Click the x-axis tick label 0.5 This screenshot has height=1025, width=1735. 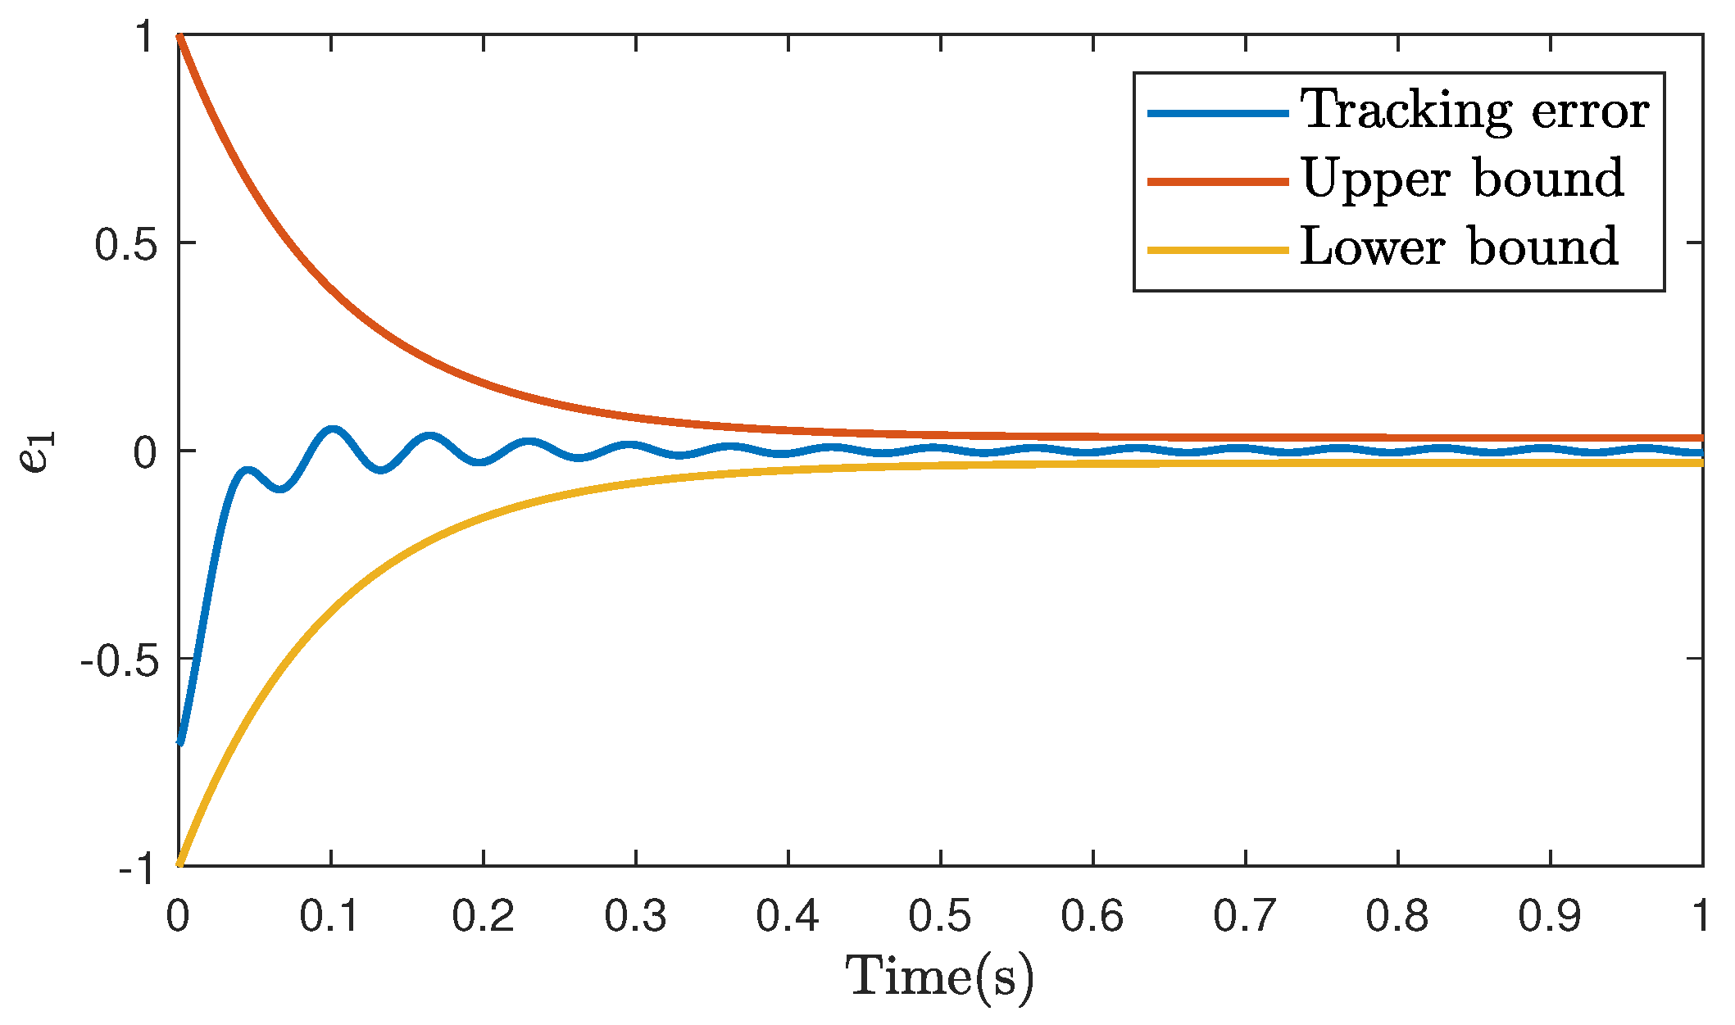click(940, 916)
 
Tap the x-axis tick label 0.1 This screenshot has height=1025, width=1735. click(329, 916)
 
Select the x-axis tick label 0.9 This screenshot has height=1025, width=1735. click(1550, 916)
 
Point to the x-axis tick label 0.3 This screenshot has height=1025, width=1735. click(635, 916)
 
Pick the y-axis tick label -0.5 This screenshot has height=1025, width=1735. click(118, 660)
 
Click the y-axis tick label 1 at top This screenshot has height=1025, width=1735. click(145, 37)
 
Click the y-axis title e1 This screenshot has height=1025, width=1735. click(37, 451)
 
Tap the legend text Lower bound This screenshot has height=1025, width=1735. click(1460, 247)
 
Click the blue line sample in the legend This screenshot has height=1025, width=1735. click(1218, 113)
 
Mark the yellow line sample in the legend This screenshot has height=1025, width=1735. click(1218, 249)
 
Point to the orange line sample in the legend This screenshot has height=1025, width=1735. click(1218, 181)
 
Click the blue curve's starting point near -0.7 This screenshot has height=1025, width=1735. click(180, 742)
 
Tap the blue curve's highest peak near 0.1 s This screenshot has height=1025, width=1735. click(332, 429)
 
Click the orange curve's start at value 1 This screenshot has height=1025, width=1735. click(179, 36)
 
